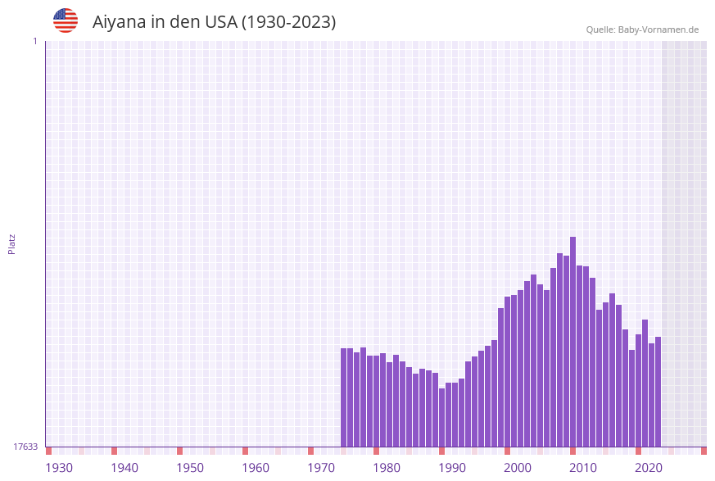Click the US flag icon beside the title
[x=66, y=20]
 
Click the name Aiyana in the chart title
[x=120, y=22]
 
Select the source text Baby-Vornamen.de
[x=658, y=29]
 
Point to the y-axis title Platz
[x=11, y=243]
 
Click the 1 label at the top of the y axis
[x=34, y=41]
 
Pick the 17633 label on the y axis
[x=25, y=447]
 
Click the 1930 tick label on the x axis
[x=59, y=468]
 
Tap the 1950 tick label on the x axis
[x=190, y=468]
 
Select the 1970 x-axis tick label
[x=321, y=468]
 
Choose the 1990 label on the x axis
[x=452, y=468]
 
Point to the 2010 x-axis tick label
[x=583, y=468]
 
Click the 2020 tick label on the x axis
[x=649, y=468]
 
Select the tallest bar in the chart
[x=572, y=342]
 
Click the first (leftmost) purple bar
[x=343, y=397]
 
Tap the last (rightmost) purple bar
[x=658, y=392]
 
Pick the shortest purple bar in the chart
[x=441, y=417]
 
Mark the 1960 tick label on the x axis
[x=256, y=468]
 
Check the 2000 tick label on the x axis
[x=518, y=468]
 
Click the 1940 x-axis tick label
[x=124, y=468]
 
